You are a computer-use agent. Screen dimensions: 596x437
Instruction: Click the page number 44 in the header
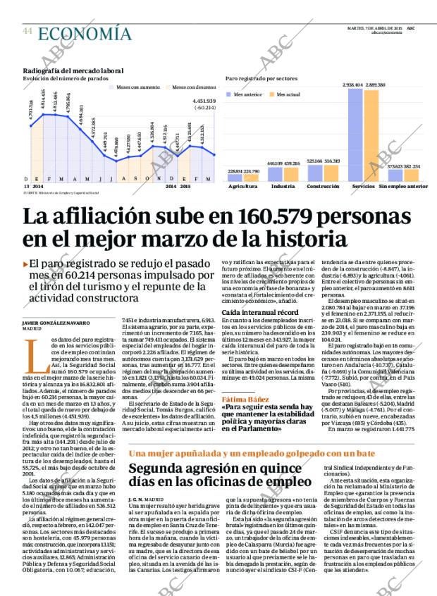(x=28, y=32)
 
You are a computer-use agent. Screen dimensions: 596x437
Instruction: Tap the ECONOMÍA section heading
(x=85, y=33)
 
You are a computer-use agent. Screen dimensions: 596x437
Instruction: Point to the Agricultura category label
(x=243, y=187)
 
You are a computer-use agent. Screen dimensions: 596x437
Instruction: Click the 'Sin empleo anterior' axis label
(x=403, y=187)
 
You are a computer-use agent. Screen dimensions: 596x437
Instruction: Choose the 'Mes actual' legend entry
(x=285, y=94)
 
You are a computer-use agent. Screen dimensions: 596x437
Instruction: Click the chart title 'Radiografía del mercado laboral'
(x=73, y=71)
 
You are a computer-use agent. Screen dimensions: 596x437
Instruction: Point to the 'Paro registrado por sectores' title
(x=261, y=79)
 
